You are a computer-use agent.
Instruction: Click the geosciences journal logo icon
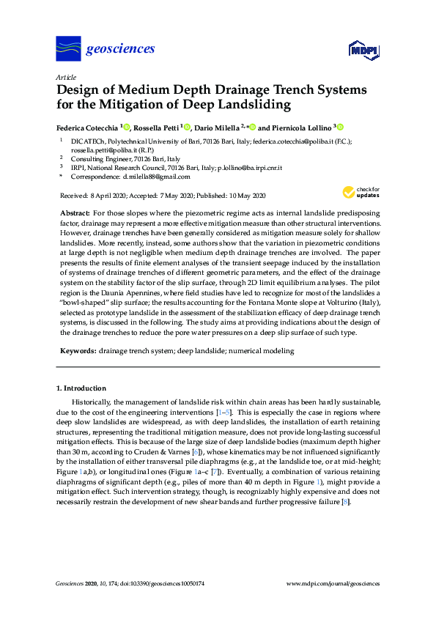click(68, 49)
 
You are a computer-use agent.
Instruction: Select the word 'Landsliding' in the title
click(248, 105)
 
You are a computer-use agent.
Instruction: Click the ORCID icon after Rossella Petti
click(189, 126)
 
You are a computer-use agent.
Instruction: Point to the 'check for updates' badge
click(361, 193)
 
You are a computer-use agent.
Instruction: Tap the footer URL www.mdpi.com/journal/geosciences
click(333, 584)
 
